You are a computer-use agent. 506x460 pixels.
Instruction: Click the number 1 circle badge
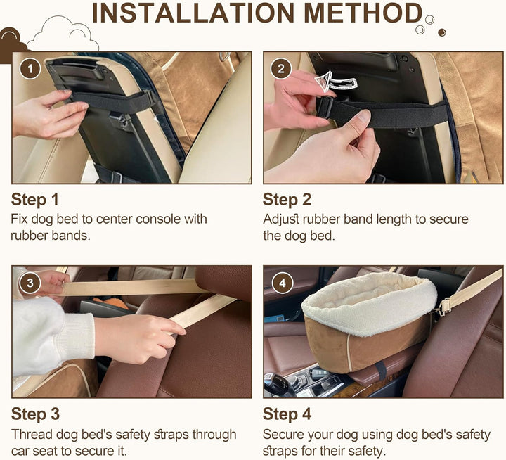click(30, 69)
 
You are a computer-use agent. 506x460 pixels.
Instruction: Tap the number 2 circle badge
click(281, 68)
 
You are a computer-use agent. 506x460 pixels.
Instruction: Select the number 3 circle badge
click(30, 283)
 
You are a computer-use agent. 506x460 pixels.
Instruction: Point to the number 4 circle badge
click(283, 283)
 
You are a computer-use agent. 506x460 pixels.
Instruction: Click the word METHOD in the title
click(363, 13)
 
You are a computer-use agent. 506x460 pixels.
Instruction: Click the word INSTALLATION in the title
click(193, 13)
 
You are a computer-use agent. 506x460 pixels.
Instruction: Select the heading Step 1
click(35, 200)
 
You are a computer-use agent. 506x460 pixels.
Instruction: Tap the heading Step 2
click(287, 200)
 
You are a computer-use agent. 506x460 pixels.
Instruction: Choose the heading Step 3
click(35, 414)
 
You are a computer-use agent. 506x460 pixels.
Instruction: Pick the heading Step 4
click(287, 414)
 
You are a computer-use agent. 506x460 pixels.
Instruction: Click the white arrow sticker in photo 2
click(336, 82)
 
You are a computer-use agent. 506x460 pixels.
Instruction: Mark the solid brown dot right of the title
click(442, 32)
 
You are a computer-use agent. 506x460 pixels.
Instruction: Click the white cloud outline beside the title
click(63, 33)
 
